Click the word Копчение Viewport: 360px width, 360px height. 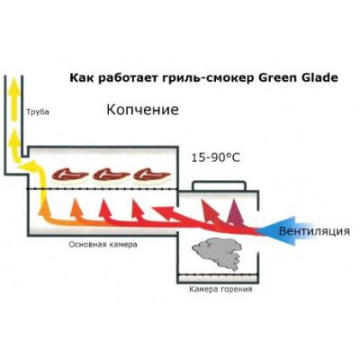143,110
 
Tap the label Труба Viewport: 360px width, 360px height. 38,112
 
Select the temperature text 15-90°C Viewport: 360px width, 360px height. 216,157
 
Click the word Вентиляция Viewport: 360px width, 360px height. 314,231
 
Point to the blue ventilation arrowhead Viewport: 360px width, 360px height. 277,231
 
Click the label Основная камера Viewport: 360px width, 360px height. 103,244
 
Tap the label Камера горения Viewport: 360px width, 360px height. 220,290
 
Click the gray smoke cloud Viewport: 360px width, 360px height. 217,251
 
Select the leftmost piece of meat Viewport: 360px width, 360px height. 70,175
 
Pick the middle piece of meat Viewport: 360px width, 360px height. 111,175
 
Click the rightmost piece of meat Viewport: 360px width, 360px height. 152,175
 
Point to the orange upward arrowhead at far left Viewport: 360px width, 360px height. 43,207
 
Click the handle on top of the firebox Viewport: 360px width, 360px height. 219,185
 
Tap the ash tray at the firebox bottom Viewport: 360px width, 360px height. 218,278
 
